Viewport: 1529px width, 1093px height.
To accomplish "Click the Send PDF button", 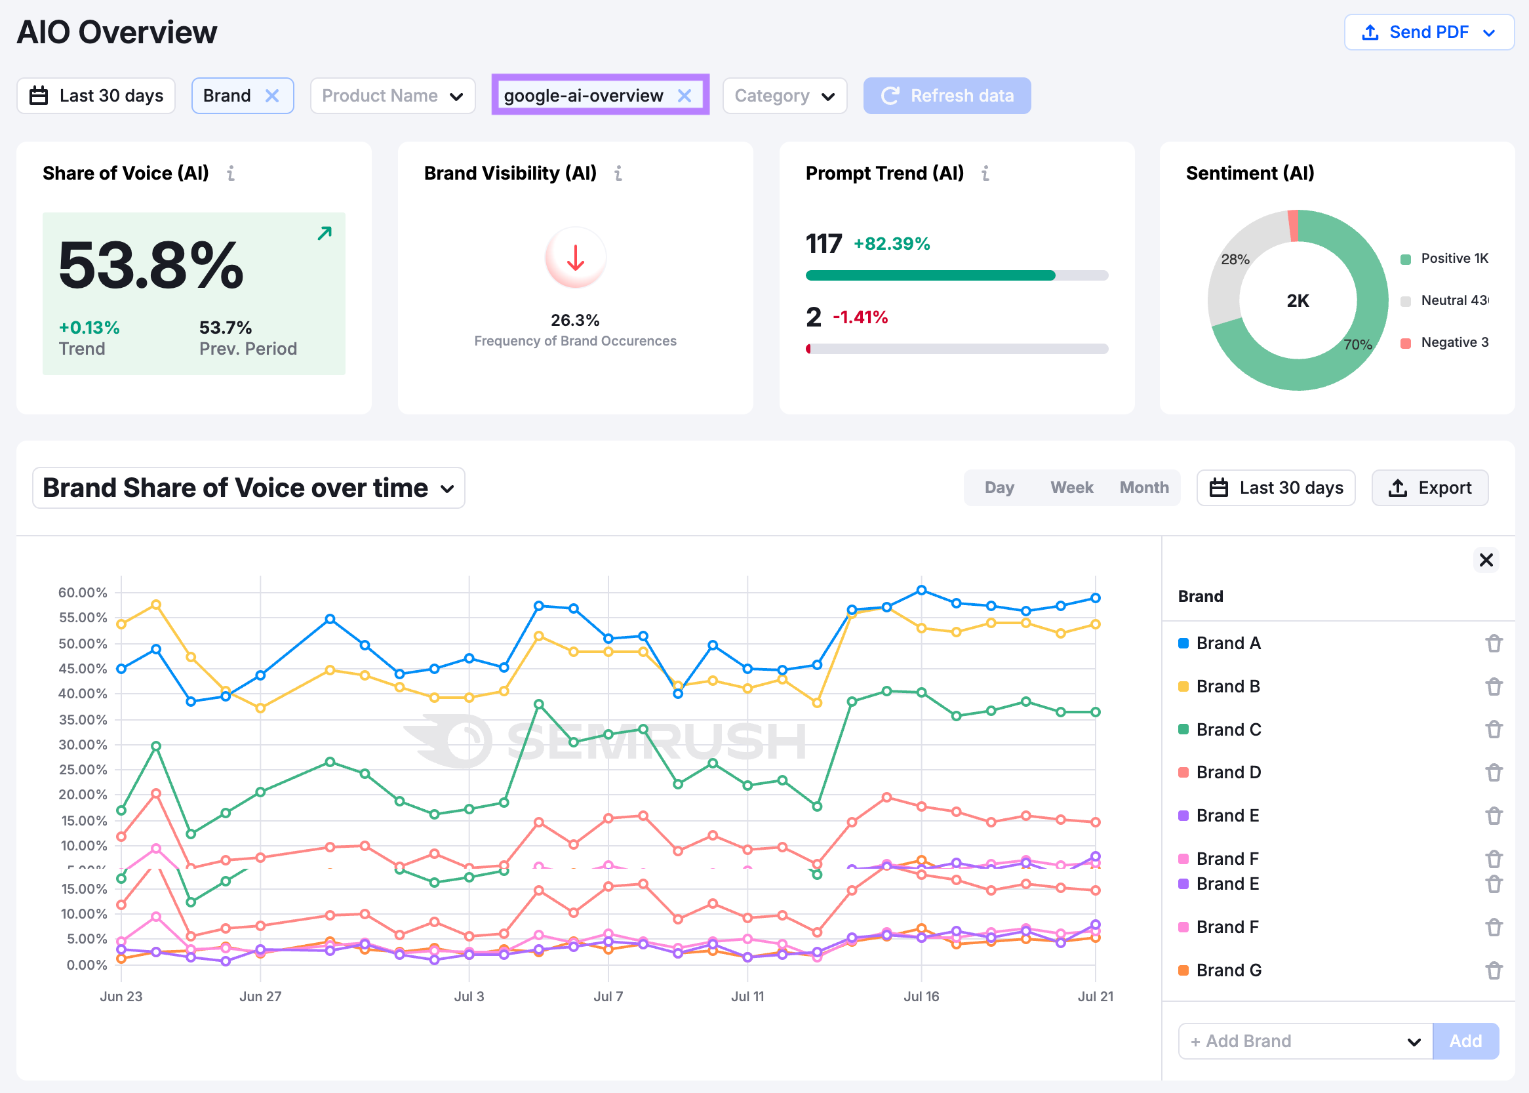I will (1428, 32).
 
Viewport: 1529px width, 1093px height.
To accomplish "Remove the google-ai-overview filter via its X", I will (684, 96).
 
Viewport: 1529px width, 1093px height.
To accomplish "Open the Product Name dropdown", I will (392, 96).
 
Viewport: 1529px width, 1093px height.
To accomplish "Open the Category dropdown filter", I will (784, 96).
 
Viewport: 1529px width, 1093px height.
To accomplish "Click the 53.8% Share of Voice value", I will (151, 266).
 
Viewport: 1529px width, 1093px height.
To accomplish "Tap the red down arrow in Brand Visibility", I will (575, 258).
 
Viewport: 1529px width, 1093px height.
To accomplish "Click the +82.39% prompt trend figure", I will (891, 244).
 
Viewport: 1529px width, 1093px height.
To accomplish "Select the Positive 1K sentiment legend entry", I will (1454, 258).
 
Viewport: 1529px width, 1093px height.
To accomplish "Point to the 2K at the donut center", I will (1298, 301).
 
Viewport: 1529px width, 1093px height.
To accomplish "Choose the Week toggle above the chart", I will (1071, 487).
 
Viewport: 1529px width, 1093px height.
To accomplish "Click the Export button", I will (1429, 487).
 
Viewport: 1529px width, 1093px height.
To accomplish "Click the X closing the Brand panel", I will (1486, 560).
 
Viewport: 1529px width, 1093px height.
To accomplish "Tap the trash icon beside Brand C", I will (1494, 730).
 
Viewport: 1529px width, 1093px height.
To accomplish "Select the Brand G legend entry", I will (1228, 970).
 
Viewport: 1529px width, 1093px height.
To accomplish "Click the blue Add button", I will (1465, 1041).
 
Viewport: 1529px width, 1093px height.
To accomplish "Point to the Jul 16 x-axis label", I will (921, 996).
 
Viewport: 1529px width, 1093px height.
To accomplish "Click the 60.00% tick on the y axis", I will (82, 593).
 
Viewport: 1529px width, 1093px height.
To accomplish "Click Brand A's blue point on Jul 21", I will (1096, 598).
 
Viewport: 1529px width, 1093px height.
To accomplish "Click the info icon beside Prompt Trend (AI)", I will (985, 174).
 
